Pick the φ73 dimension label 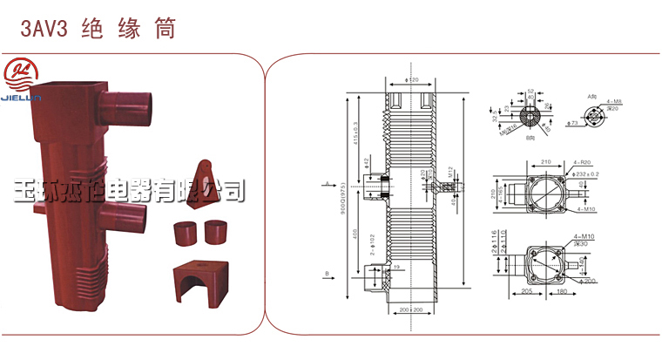click(573, 123)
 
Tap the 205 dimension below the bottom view click(528, 291)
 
